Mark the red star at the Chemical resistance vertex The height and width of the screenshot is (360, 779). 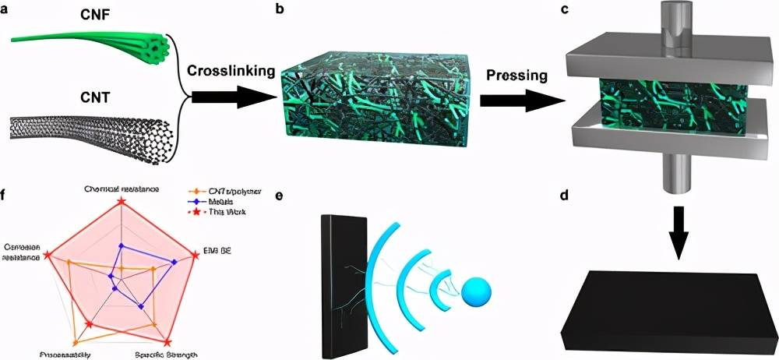coord(121,203)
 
